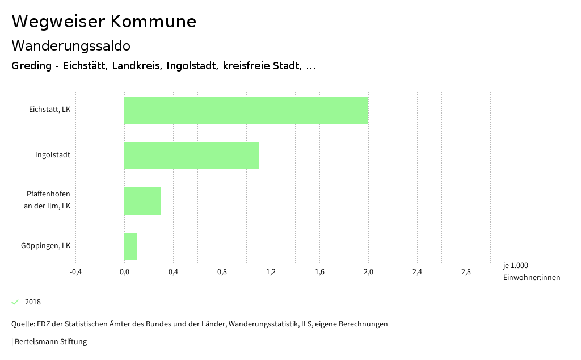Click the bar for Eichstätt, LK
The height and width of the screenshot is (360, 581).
pos(246,110)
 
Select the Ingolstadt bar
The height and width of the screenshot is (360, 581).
pos(191,156)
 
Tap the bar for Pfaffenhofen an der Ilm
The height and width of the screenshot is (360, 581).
pos(142,201)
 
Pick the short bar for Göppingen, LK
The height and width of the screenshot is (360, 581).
pos(130,246)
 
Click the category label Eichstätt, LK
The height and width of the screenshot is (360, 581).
pos(49,109)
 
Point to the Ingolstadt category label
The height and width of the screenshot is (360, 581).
pos(52,154)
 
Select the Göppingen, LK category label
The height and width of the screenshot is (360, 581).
pos(45,245)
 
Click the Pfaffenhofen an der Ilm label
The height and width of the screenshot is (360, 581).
pos(48,200)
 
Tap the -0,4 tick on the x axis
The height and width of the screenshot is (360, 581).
pos(75,272)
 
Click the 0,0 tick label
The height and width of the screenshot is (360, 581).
pos(124,272)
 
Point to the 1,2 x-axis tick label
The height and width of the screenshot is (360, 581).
pos(271,272)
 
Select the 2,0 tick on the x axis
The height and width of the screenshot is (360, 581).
pos(368,272)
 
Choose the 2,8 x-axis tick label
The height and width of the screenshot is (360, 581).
pos(466,272)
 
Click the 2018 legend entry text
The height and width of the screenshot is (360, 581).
pos(33,302)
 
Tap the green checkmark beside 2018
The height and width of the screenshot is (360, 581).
pos(15,302)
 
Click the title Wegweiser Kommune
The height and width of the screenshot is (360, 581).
pos(104,22)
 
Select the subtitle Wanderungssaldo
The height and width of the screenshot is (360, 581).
pos(71,45)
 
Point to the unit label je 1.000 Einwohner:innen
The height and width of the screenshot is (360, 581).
pos(531,271)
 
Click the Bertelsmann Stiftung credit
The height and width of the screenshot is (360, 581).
pos(50,341)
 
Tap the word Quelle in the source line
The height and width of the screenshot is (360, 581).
pos(22,324)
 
